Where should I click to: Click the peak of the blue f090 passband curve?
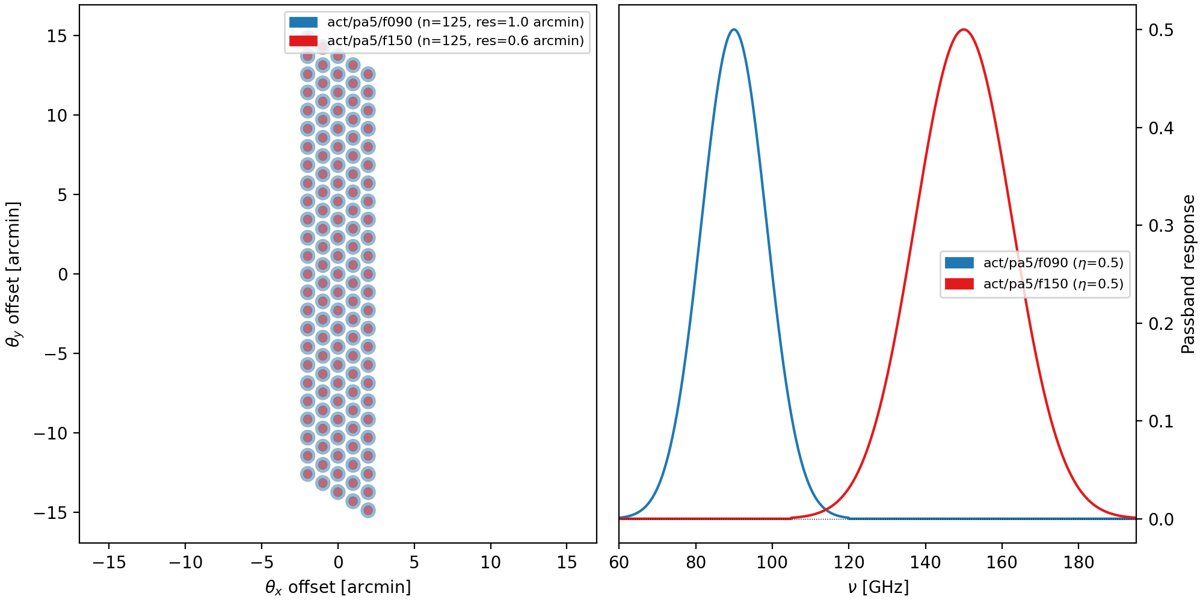click(x=734, y=29)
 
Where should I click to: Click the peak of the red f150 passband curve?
click(x=964, y=29)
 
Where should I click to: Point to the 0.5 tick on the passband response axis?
click(x=1161, y=30)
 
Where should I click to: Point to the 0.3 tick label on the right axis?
click(x=1161, y=226)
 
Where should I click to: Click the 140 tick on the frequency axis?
click(x=925, y=563)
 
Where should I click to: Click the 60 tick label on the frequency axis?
click(x=619, y=563)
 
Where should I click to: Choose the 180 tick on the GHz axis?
click(x=1078, y=563)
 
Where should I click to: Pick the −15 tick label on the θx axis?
click(x=108, y=563)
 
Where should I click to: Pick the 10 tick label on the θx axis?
click(x=491, y=563)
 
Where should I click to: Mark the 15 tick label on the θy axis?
click(x=57, y=36)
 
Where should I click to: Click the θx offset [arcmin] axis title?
click(x=338, y=588)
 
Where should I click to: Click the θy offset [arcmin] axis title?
click(x=13, y=274)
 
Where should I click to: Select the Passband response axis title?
click(x=1189, y=274)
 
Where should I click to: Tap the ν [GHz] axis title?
click(x=878, y=588)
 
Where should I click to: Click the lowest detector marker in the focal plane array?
click(x=368, y=510)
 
